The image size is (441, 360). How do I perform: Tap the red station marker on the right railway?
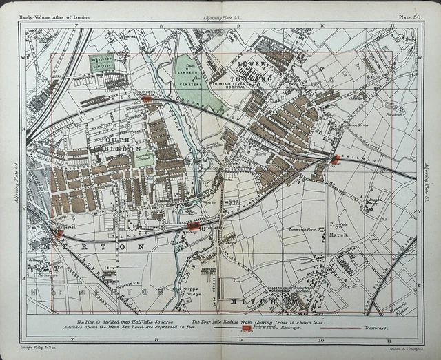pyautogui.click(x=336, y=160)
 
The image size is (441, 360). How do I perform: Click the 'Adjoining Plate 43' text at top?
pyautogui.click(x=221, y=14)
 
